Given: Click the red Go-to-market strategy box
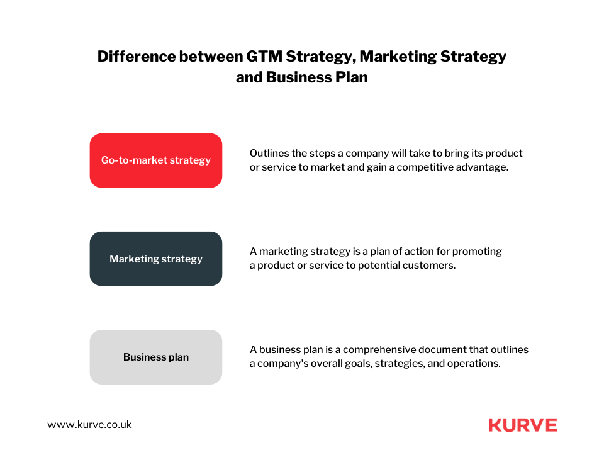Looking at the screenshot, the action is (x=156, y=160).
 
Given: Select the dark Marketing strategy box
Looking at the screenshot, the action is (x=156, y=259).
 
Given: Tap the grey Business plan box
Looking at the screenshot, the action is (x=156, y=357).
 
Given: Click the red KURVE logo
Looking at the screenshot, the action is (x=523, y=425).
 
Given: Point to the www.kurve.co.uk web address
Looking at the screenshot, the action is (x=89, y=425).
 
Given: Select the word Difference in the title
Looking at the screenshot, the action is (x=137, y=57).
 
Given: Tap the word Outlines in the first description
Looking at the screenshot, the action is (x=269, y=154).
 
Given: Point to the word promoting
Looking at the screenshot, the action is (x=477, y=252).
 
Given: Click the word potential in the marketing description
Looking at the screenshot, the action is (x=379, y=266).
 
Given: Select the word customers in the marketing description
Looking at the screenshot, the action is (x=429, y=266).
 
